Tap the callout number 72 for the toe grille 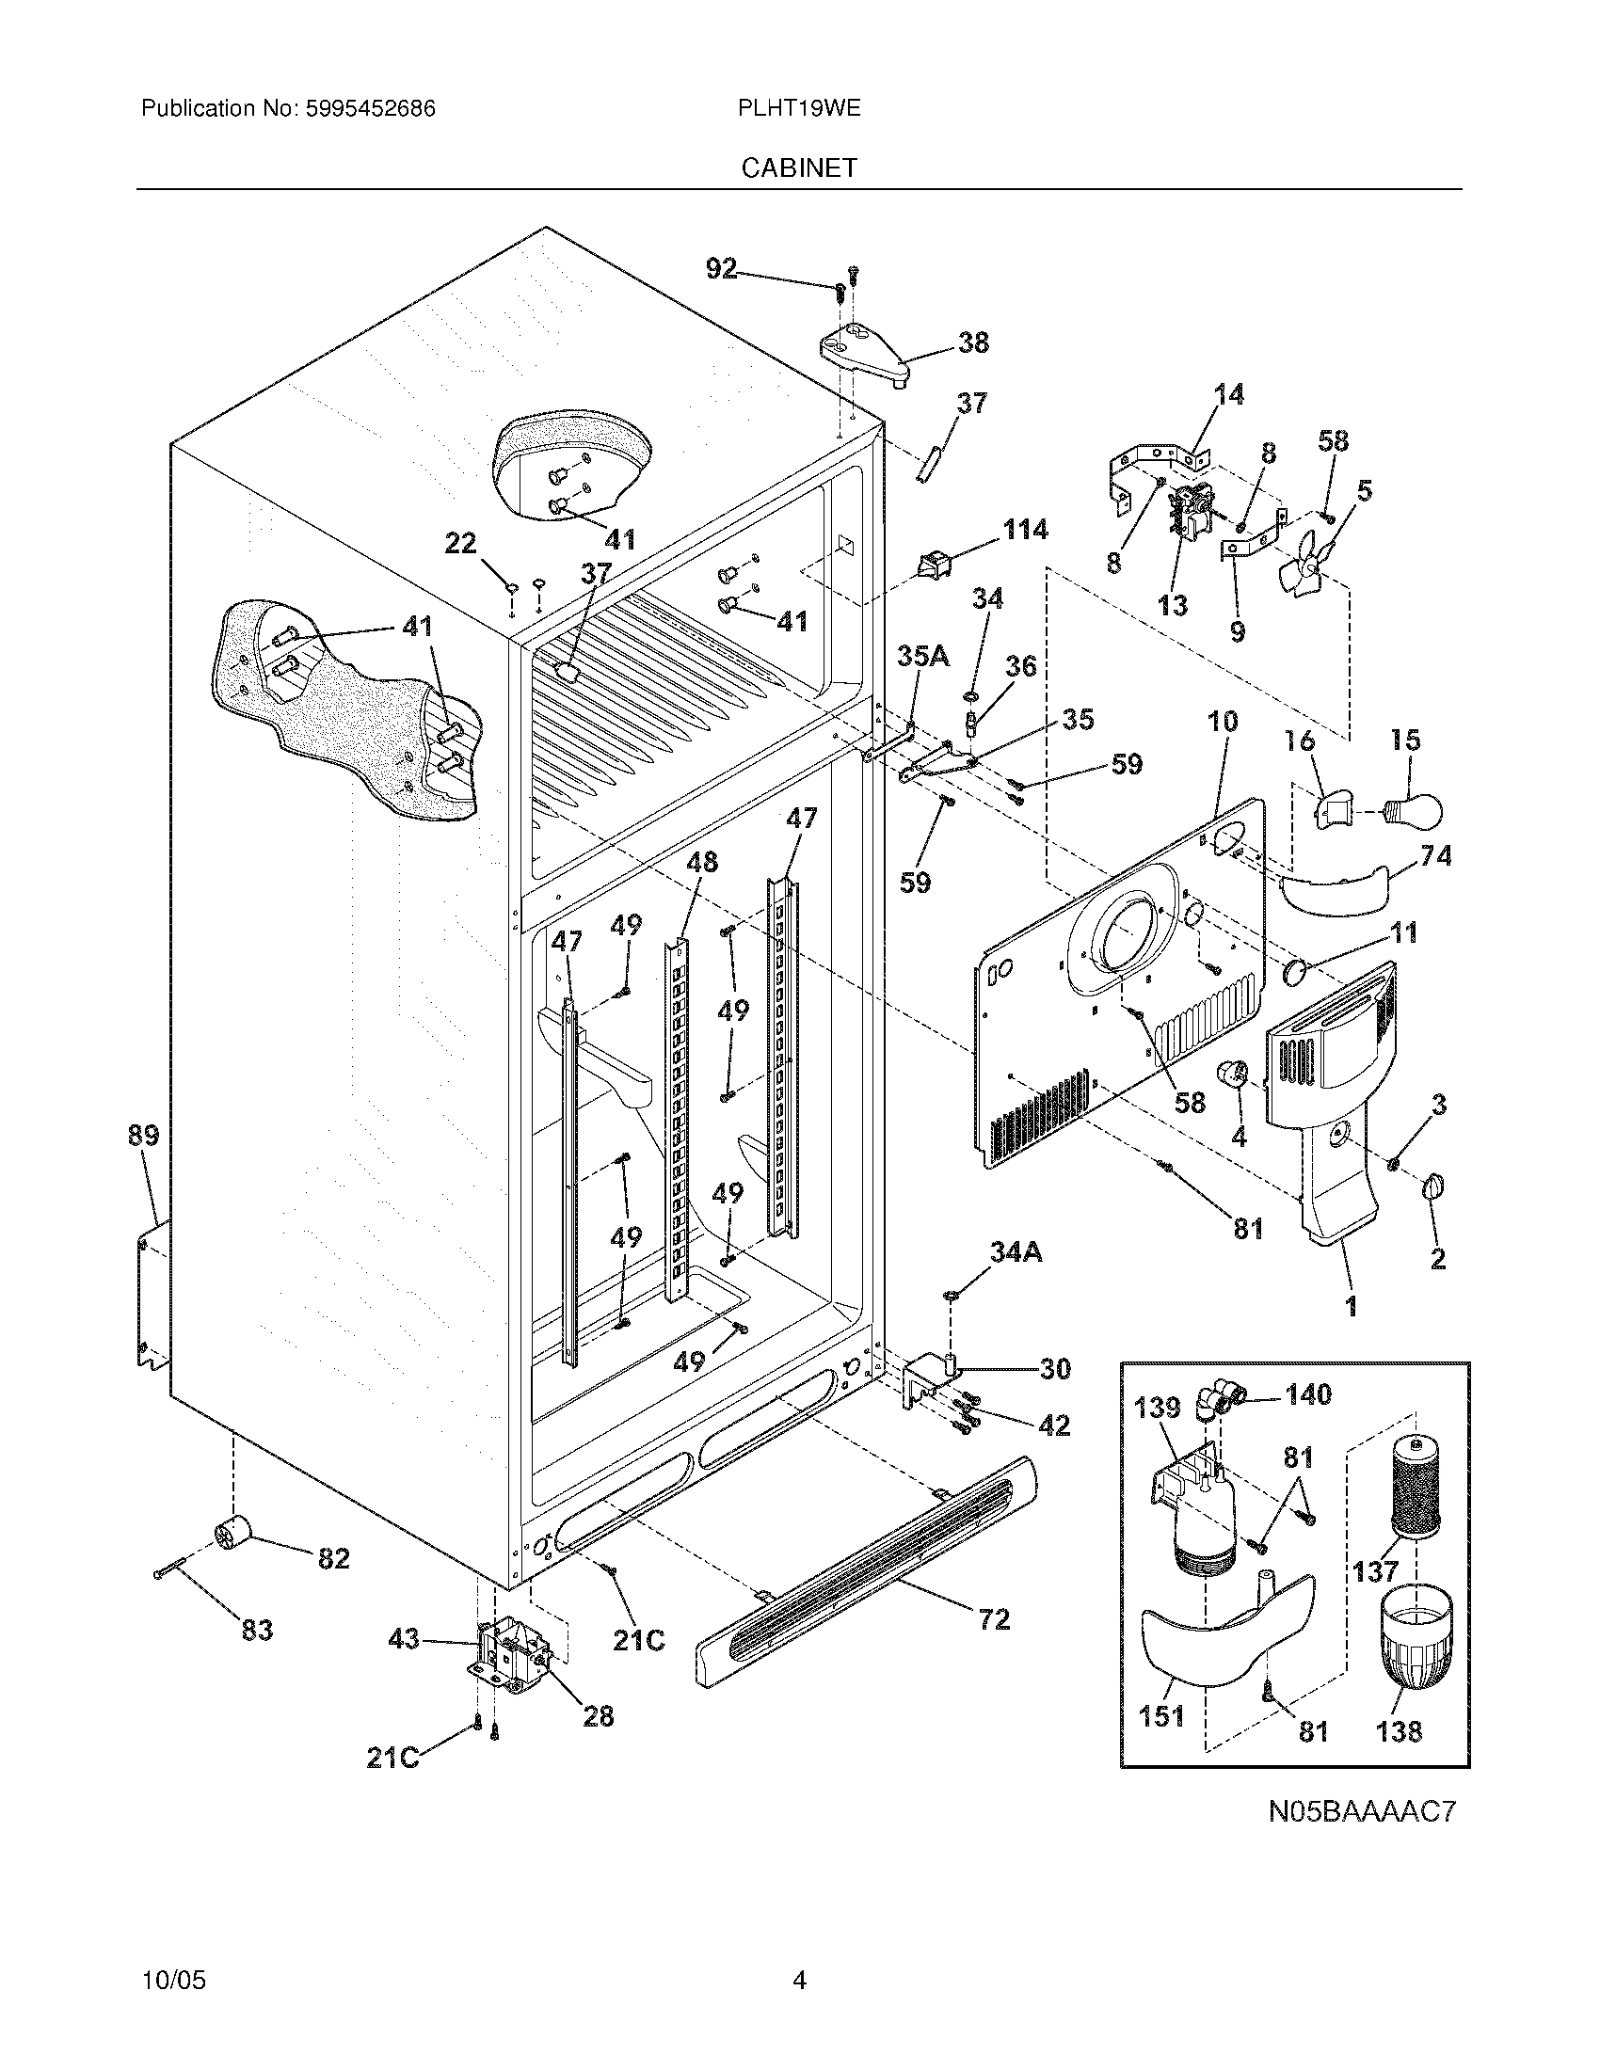(x=993, y=1619)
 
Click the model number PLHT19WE (x=798, y=108)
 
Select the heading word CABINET (x=799, y=167)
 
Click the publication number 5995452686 (x=370, y=108)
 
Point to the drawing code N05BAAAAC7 (x=1362, y=1812)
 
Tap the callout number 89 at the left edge (x=144, y=1135)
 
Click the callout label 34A (x=1016, y=1252)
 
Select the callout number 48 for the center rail (x=701, y=862)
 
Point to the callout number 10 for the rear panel (x=1222, y=722)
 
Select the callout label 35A (x=923, y=655)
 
